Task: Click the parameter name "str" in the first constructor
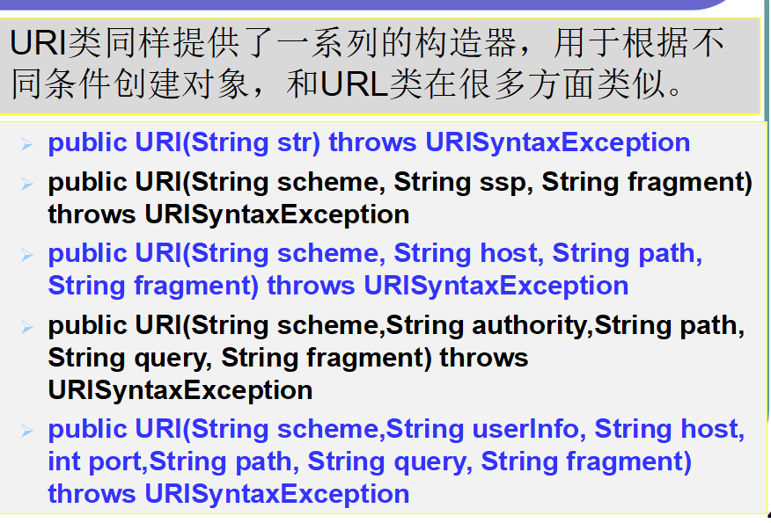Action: (297, 142)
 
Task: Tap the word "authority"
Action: (532, 325)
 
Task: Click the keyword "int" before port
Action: (66, 461)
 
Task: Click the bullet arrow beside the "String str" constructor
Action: (27, 143)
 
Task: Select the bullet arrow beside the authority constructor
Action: (27, 327)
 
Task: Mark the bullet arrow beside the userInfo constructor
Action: (27, 431)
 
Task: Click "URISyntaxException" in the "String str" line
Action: (558, 142)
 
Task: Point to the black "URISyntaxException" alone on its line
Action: (180, 389)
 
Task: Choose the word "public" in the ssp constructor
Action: (88, 182)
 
